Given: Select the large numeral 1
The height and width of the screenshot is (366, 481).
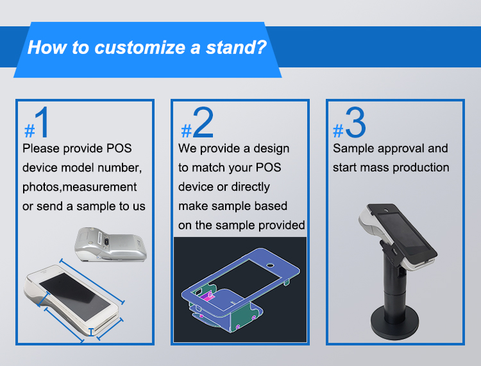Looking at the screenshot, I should pos(43,124).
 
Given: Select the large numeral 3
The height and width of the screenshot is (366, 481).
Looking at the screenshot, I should pos(356,124).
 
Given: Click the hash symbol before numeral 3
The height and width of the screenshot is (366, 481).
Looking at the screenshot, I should pos(338,131).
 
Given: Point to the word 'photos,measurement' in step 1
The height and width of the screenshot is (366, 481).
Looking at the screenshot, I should pos(80,187).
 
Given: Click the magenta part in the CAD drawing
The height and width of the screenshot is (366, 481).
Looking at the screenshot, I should pos(207,296).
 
